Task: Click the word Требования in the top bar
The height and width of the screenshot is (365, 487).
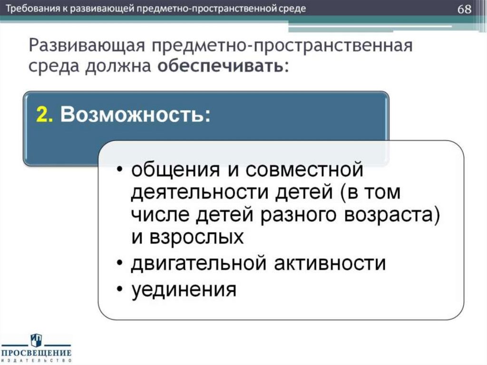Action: (31, 10)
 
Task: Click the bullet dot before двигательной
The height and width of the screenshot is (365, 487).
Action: (121, 264)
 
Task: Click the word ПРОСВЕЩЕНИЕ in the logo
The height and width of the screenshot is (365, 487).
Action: (36, 353)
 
